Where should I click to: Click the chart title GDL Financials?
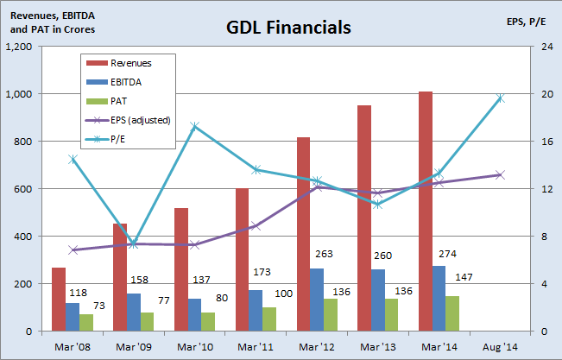[x=288, y=27]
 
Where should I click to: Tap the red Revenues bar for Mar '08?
[x=58, y=299]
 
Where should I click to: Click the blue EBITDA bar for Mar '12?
[x=317, y=300]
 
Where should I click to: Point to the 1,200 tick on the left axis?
[x=21, y=47]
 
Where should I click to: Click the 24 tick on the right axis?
[x=546, y=47]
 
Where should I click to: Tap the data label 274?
[x=432, y=256]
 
